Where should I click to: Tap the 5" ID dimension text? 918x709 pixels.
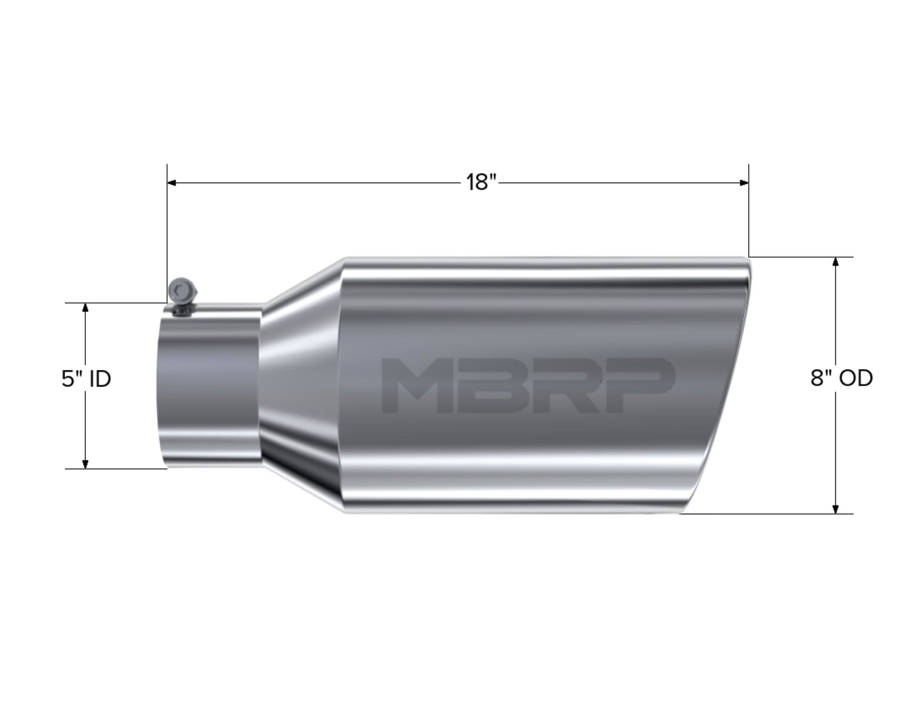click(86, 379)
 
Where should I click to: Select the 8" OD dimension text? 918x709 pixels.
click(842, 378)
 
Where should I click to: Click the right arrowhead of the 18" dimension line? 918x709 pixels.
click(744, 183)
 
